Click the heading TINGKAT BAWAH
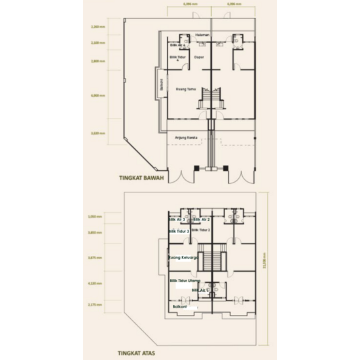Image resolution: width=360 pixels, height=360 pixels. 141,177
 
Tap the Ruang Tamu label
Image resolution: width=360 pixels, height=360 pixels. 187,89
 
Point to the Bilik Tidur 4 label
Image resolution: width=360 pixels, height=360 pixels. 177,59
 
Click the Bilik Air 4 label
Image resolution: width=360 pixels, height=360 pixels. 177,45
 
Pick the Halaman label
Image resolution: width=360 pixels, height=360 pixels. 202,34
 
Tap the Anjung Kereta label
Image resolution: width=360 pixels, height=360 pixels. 187,137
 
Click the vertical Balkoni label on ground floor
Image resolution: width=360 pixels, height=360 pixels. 160,85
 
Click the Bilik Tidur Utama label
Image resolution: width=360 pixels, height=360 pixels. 185,281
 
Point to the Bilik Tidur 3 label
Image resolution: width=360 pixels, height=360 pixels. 179,231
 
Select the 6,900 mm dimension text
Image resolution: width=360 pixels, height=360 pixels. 98,96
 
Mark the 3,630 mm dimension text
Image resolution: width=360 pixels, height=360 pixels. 98,133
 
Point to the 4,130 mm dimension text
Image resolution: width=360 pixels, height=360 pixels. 96,283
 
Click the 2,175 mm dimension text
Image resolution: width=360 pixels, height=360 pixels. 96,304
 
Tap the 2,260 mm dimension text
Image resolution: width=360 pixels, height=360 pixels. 98,28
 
